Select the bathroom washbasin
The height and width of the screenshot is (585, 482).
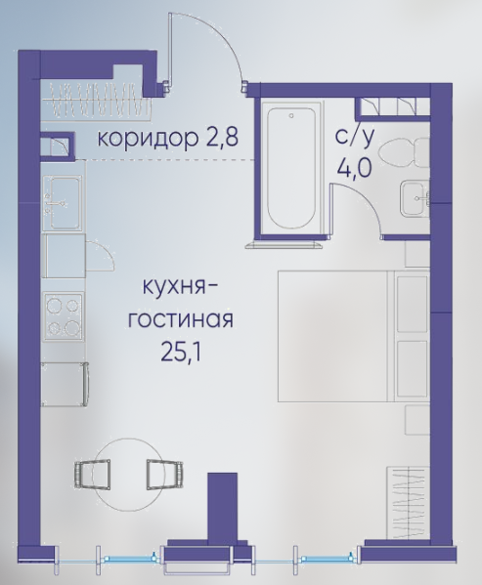pos(416,199)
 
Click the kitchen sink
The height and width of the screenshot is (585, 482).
pos(63,203)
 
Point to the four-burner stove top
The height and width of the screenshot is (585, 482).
pos(64,316)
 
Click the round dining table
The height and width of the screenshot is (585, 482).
pos(129,475)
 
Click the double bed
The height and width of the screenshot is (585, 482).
pos(353,336)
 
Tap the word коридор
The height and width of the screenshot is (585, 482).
pos(148,139)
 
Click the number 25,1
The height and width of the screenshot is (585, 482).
pos(181,352)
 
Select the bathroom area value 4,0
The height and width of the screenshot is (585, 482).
pos(354,168)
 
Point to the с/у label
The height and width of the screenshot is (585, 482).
pos(354,138)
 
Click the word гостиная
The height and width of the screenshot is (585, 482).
pos(181,319)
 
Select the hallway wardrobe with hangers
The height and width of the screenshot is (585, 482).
pos(97,100)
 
